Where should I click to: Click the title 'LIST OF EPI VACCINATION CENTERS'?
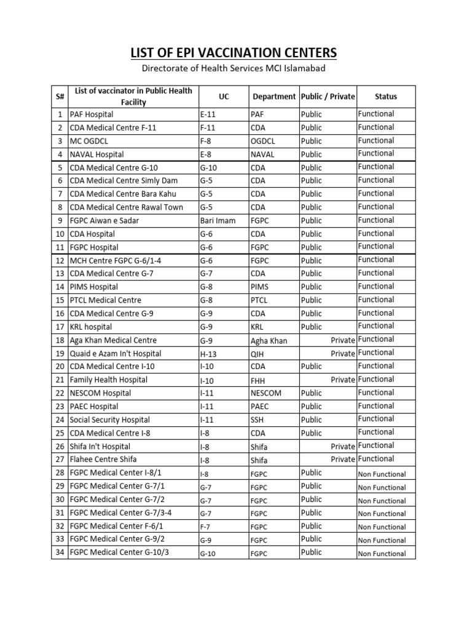tap(235, 53)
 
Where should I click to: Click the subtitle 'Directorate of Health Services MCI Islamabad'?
tap(235, 70)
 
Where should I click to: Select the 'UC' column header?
tap(223, 97)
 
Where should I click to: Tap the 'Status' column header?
tap(386, 97)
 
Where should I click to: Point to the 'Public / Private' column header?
tap(328, 97)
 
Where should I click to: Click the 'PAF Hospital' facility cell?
tap(92, 114)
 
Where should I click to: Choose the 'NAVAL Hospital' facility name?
tap(96, 154)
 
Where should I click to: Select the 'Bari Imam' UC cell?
tap(218, 221)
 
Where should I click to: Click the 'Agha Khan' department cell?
tap(269, 341)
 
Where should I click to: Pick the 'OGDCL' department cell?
tap(264, 141)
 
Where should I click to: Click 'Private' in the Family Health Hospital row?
tap(342, 380)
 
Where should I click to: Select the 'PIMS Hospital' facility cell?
tap(93, 287)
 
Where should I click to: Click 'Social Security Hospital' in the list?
tap(109, 420)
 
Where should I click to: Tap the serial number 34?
tap(60, 552)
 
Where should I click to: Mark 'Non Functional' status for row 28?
tap(382, 474)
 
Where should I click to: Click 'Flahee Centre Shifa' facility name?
tap(103, 460)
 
